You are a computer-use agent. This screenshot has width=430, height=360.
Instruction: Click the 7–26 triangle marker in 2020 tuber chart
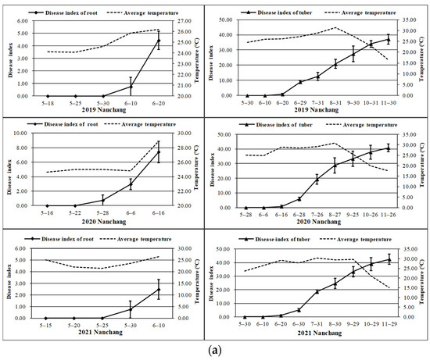click(317, 180)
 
